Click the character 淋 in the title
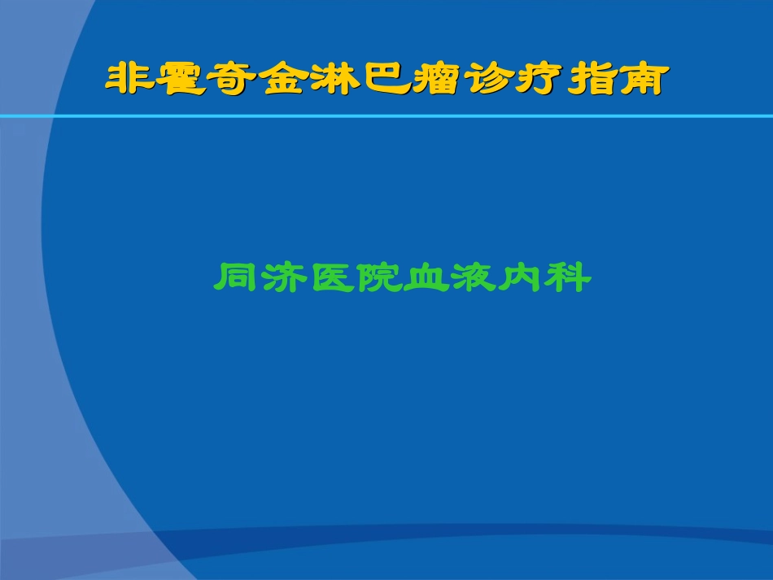tap(334, 80)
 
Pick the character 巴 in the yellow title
tap(385, 80)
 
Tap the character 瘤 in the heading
tap(435, 80)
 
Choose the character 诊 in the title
tap(486, 80)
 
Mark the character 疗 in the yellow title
tap(536, 80)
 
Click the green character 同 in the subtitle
tap(236, 278)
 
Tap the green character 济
tap(283, 278)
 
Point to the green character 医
tap(330, 278)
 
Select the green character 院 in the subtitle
tap(378, 278)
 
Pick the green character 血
tap(425, 278)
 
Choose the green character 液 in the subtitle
tap(472, 278)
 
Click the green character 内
tap(519, 278)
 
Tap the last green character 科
tap(567, 278)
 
